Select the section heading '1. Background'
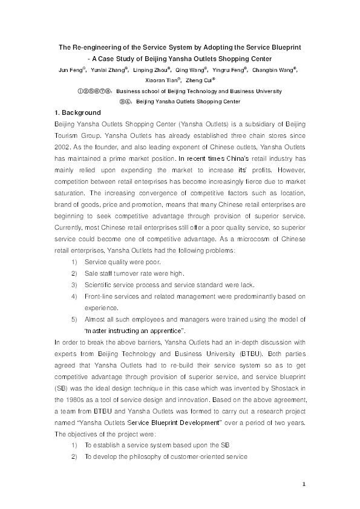(x=75, y=112)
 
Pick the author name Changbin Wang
(x=280, y=70)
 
